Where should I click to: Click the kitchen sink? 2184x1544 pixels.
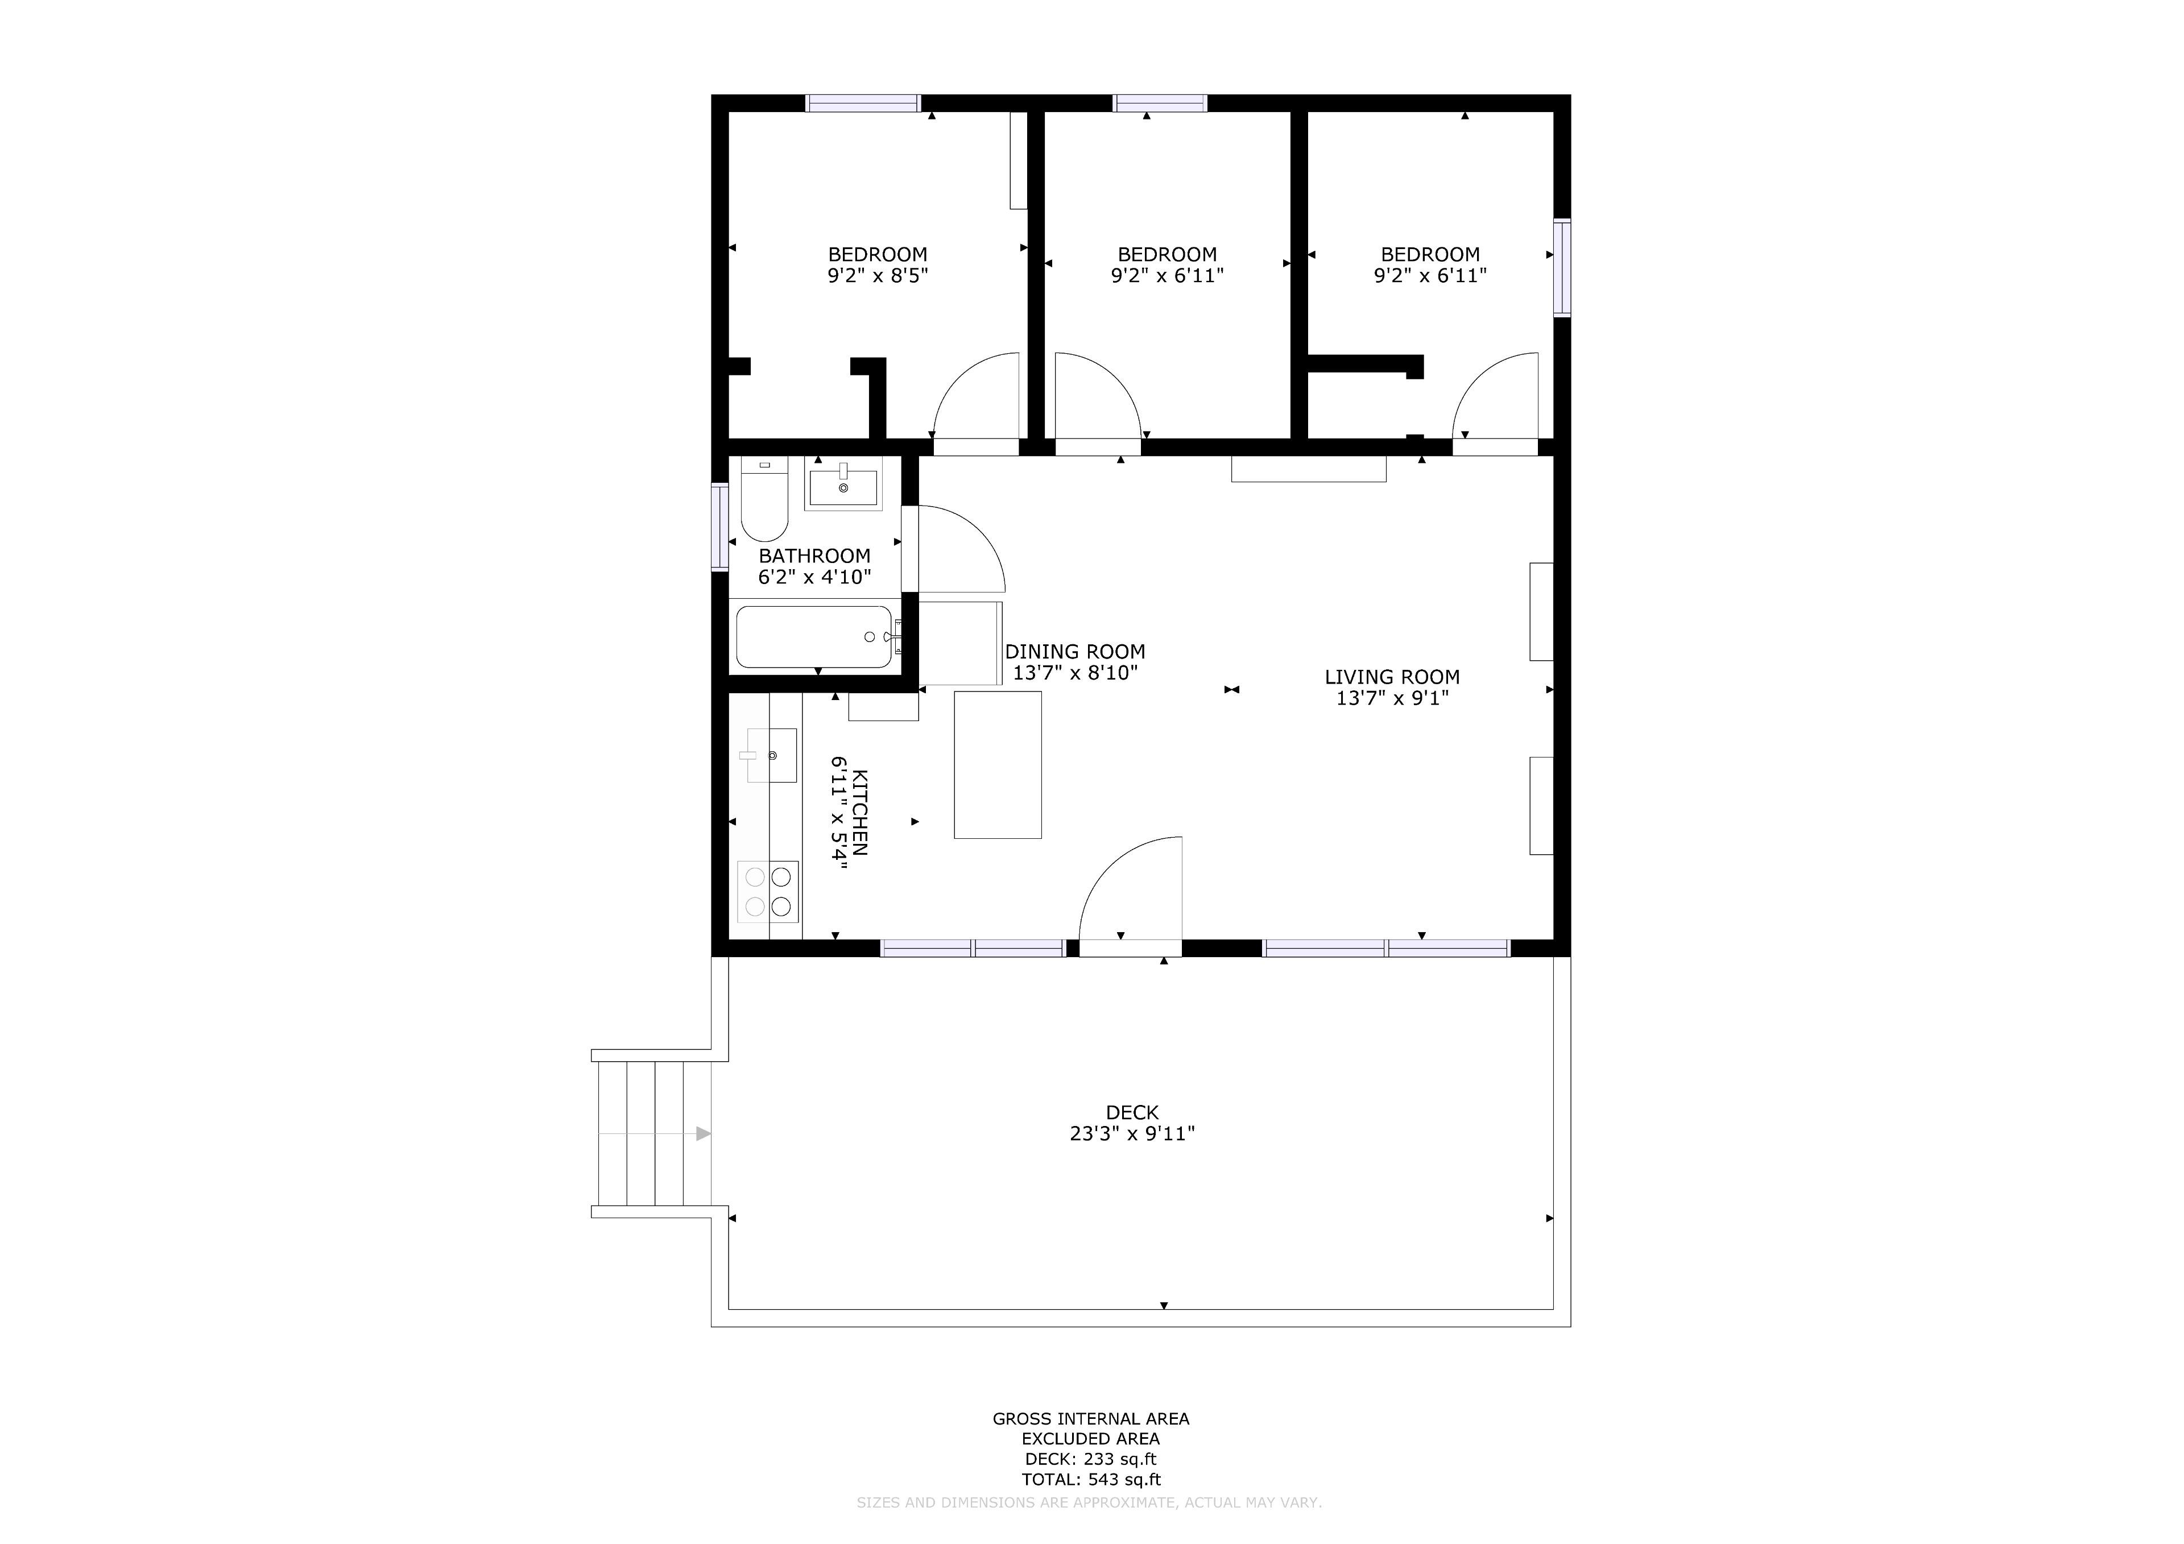(771, 755)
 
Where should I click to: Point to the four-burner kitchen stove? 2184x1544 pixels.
(768, 891)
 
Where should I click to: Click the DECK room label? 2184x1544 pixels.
(1132, 1112)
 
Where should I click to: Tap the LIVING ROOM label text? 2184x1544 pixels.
(1392, 677)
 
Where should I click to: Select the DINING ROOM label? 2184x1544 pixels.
(1075, 652)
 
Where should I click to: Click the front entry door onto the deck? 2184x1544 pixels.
(1130, 894)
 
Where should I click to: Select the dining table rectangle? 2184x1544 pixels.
(998, 765)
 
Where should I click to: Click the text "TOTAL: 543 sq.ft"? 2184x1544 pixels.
(1091, 1479)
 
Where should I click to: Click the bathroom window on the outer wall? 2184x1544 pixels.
(720, 528)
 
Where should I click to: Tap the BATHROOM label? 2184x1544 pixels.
(814, 556)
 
